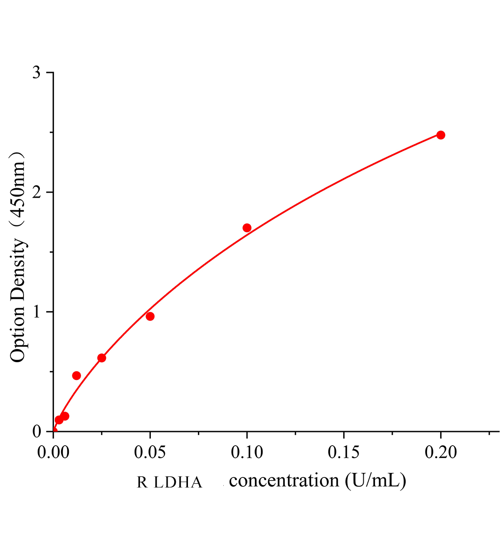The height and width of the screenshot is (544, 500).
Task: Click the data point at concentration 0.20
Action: pos(441,135)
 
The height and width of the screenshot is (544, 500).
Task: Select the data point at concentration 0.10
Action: pos(247,228)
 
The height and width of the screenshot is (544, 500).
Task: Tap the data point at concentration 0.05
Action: pos(150,316)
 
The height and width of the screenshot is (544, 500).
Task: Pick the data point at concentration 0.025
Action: pos(101,358)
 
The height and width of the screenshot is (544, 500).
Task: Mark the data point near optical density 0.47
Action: pos(77,375)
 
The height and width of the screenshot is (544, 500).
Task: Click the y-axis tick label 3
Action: pos(37,73)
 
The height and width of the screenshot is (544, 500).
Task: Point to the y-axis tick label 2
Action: pos(37,192)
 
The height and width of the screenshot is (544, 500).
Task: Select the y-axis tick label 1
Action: pos(37,312)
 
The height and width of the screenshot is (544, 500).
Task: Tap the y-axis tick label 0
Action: pos(37,432)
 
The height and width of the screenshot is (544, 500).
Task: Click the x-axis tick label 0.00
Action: pos(53,452)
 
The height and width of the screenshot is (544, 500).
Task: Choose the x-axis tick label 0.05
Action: pos(150,452)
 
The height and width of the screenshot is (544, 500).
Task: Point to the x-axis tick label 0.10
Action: pos(247,452)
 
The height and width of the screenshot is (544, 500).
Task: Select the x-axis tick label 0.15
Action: pos(344,452)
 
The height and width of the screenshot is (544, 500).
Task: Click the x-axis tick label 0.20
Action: pos(440,452)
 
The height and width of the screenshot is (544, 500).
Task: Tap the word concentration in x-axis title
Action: pos(284,480)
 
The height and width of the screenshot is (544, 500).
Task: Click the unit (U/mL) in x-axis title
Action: pos(375,480)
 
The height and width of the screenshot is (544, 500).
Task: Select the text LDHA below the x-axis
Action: pos(178,482)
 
